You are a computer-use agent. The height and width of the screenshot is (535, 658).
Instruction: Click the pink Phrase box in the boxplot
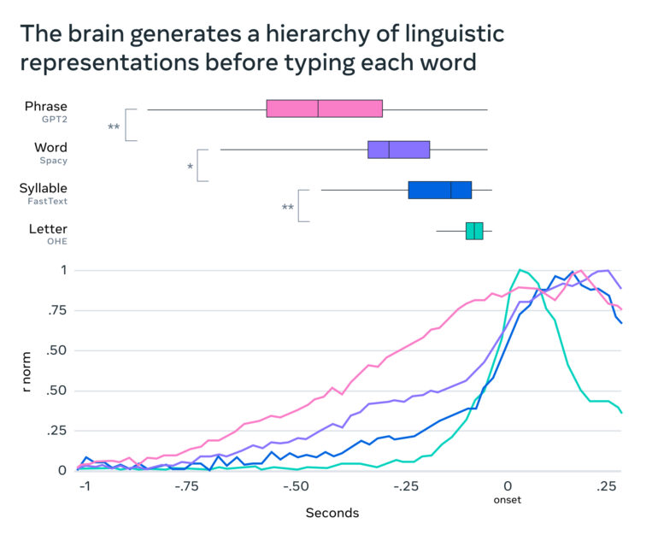(x=324, y=109)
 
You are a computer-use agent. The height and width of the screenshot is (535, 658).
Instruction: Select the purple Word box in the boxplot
(x=398, y=150)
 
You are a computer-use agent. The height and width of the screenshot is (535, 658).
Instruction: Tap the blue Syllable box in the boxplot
(x=439, y=190)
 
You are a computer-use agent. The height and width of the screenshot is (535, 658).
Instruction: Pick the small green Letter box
(x=474, y=231)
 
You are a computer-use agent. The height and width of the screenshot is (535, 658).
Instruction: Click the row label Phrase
(x=46, y=107)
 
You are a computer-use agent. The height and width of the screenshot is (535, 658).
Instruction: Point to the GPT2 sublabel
(x=54, y=121)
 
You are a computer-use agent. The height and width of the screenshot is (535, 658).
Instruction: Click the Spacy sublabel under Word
(x=53, y=161)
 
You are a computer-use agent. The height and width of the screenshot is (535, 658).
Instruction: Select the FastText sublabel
(x=48, y=202)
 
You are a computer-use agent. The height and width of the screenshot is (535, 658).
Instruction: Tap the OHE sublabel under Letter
(x=56, y=242)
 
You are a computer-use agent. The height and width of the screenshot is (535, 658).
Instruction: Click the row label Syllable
(x=43, y=188)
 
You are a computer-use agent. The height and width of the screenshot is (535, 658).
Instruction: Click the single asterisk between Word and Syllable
(x=190, y=168)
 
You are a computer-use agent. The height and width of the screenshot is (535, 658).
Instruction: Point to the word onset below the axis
(x=507, y=500)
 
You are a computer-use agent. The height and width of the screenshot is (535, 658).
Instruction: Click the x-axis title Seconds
(x=332, y=513)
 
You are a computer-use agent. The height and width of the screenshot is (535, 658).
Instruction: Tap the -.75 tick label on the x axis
(x=189, y=486)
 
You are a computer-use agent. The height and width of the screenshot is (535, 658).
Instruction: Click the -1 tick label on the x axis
(x=85, y=486)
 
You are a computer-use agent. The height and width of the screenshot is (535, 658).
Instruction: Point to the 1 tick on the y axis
(x=63, y=271)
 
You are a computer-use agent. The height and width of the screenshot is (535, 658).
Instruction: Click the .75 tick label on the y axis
(x=57, y=311)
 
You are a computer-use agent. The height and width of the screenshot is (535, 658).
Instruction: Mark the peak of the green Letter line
(x=519, y=270)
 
